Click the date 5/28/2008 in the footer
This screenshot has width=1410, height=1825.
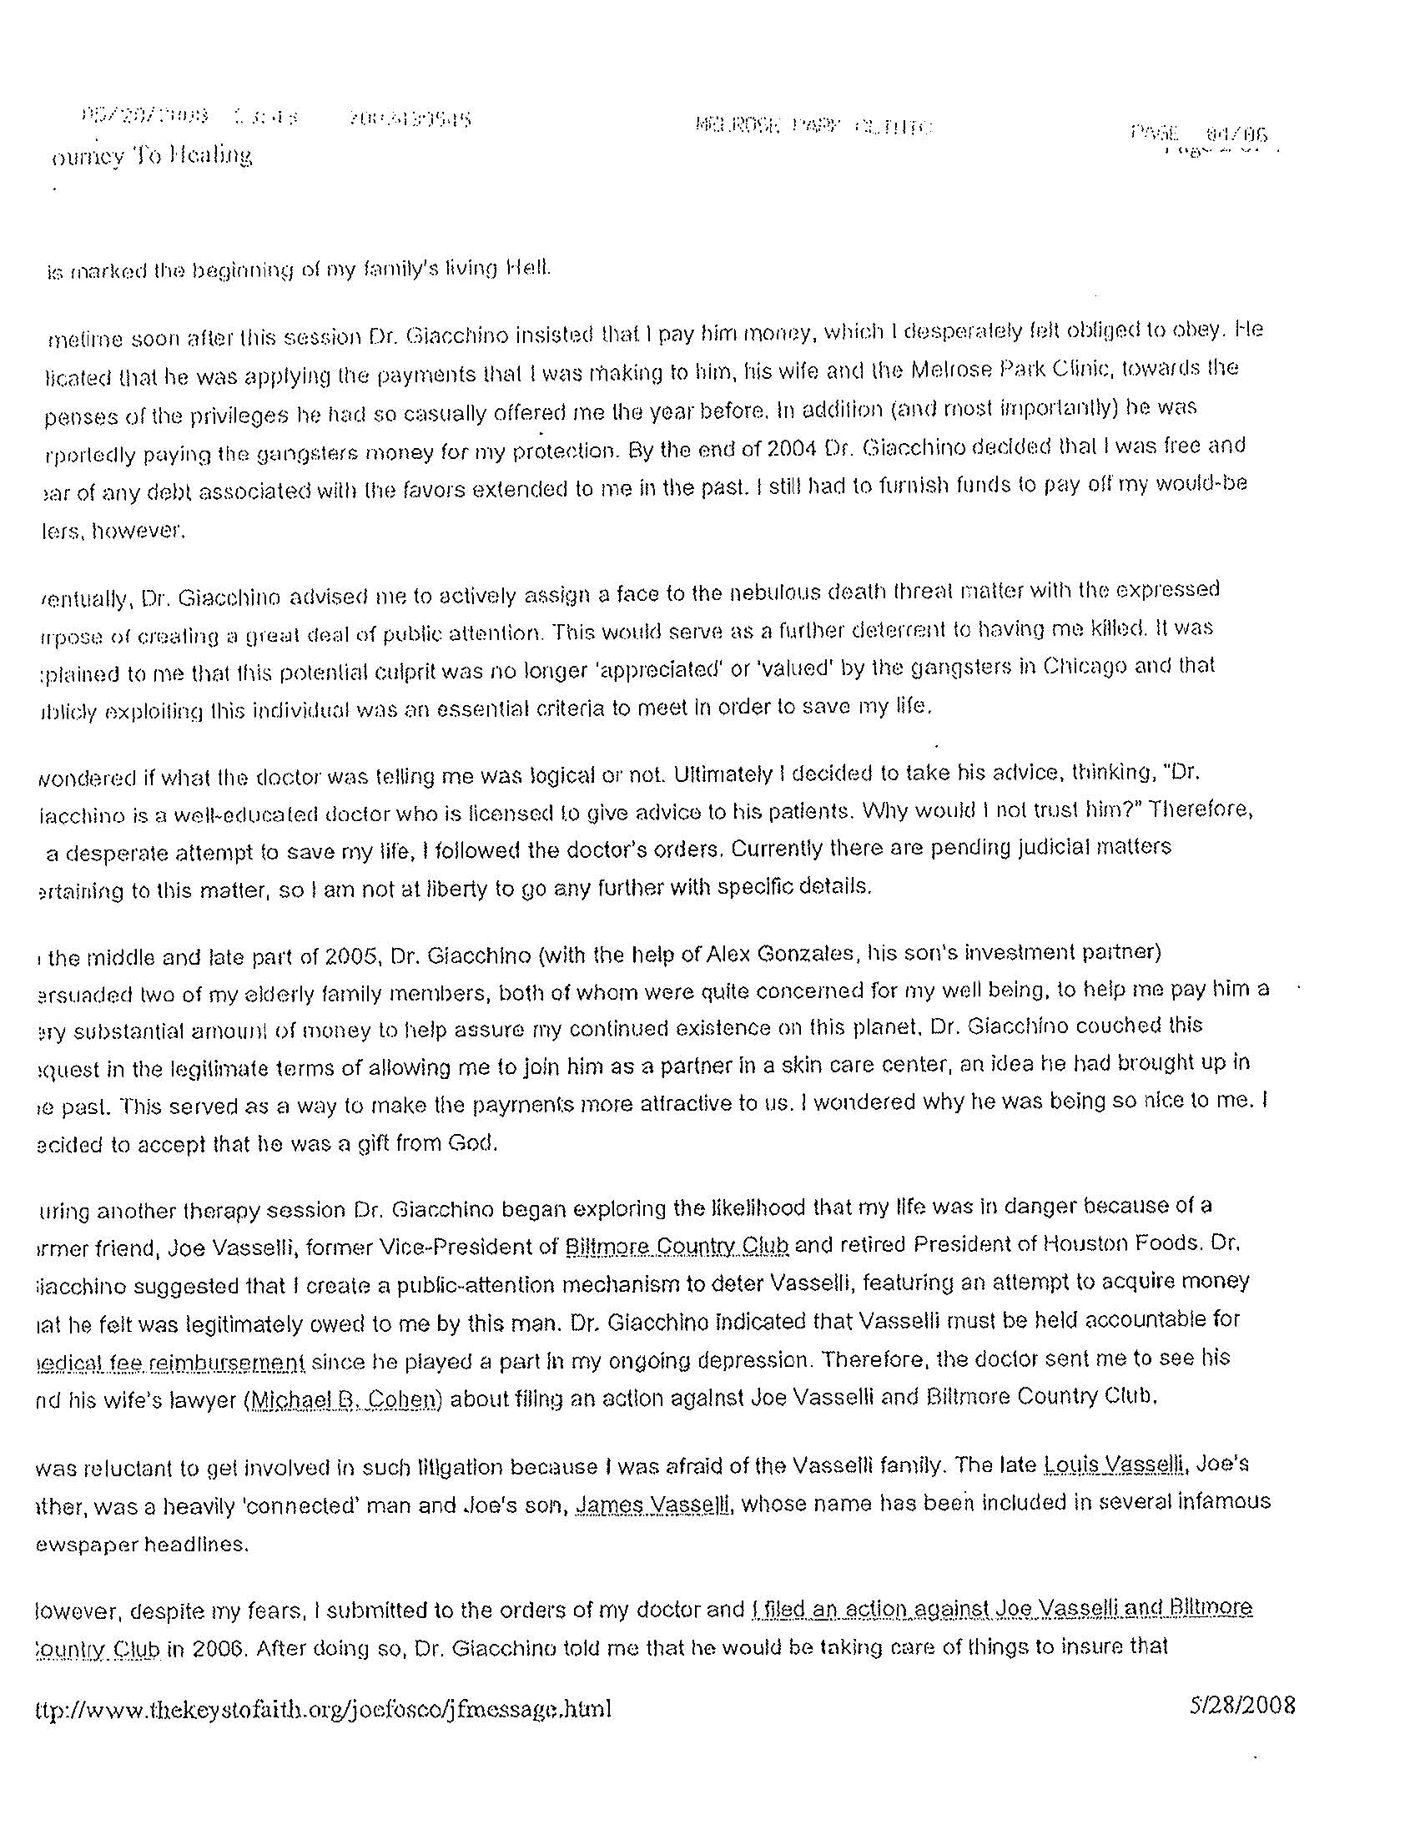(x=1242, y=1705)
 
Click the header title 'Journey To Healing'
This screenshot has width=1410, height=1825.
(x=150, y=155)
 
